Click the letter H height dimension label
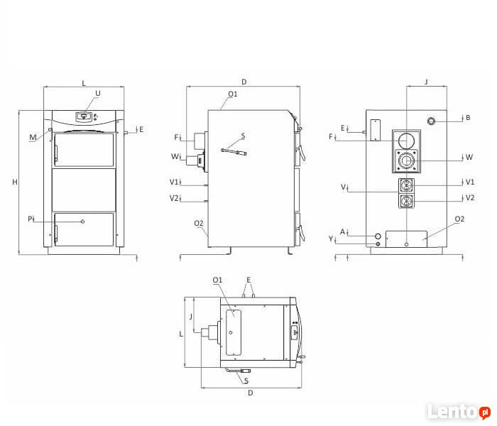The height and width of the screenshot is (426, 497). [15, 182]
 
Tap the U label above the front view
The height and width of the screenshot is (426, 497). [98, 93]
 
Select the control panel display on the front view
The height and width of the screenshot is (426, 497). [84, 116]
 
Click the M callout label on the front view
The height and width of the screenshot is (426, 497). [33, 137]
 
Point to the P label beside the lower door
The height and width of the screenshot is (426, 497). [30, 219]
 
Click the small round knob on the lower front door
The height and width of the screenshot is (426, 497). [83, 222]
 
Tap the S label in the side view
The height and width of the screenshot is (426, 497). [243, 136]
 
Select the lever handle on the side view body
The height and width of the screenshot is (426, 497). [234, 151]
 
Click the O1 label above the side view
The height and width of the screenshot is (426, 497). [233, 94]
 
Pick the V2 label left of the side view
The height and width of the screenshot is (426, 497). [174, 198]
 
